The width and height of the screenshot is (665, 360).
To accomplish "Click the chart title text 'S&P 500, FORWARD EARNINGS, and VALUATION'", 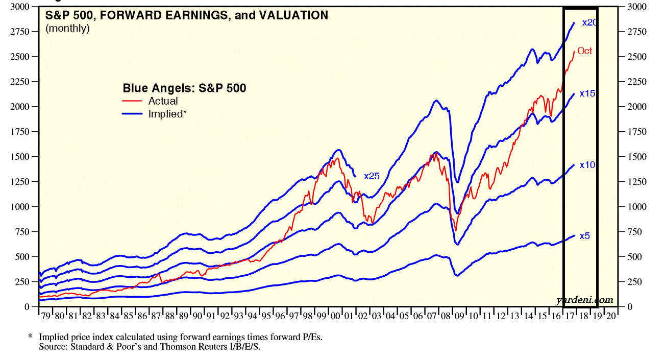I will coord(187,15).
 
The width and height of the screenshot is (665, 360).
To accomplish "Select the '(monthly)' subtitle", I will coord(67,28).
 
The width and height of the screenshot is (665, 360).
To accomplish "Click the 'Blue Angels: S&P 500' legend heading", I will coord(184,88).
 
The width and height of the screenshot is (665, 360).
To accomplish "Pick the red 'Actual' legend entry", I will coord(162,101).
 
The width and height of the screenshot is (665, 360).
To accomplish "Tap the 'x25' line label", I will coord(372,176).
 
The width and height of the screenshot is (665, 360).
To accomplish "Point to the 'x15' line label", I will coord(587,93).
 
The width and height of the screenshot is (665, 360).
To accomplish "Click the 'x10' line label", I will coord(587,165).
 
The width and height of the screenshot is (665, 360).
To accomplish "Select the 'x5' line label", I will coord(585,236).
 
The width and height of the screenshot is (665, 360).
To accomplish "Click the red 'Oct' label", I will coord(585,51).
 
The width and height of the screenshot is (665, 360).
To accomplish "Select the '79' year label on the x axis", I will coord(45,316).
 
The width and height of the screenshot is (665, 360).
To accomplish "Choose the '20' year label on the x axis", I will coord(611,316).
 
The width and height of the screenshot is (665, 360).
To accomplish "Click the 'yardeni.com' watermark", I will coord(584,300).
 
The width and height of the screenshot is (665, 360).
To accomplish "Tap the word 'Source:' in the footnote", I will coord(52,347).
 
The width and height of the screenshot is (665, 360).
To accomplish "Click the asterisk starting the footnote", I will coord(30,337).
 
